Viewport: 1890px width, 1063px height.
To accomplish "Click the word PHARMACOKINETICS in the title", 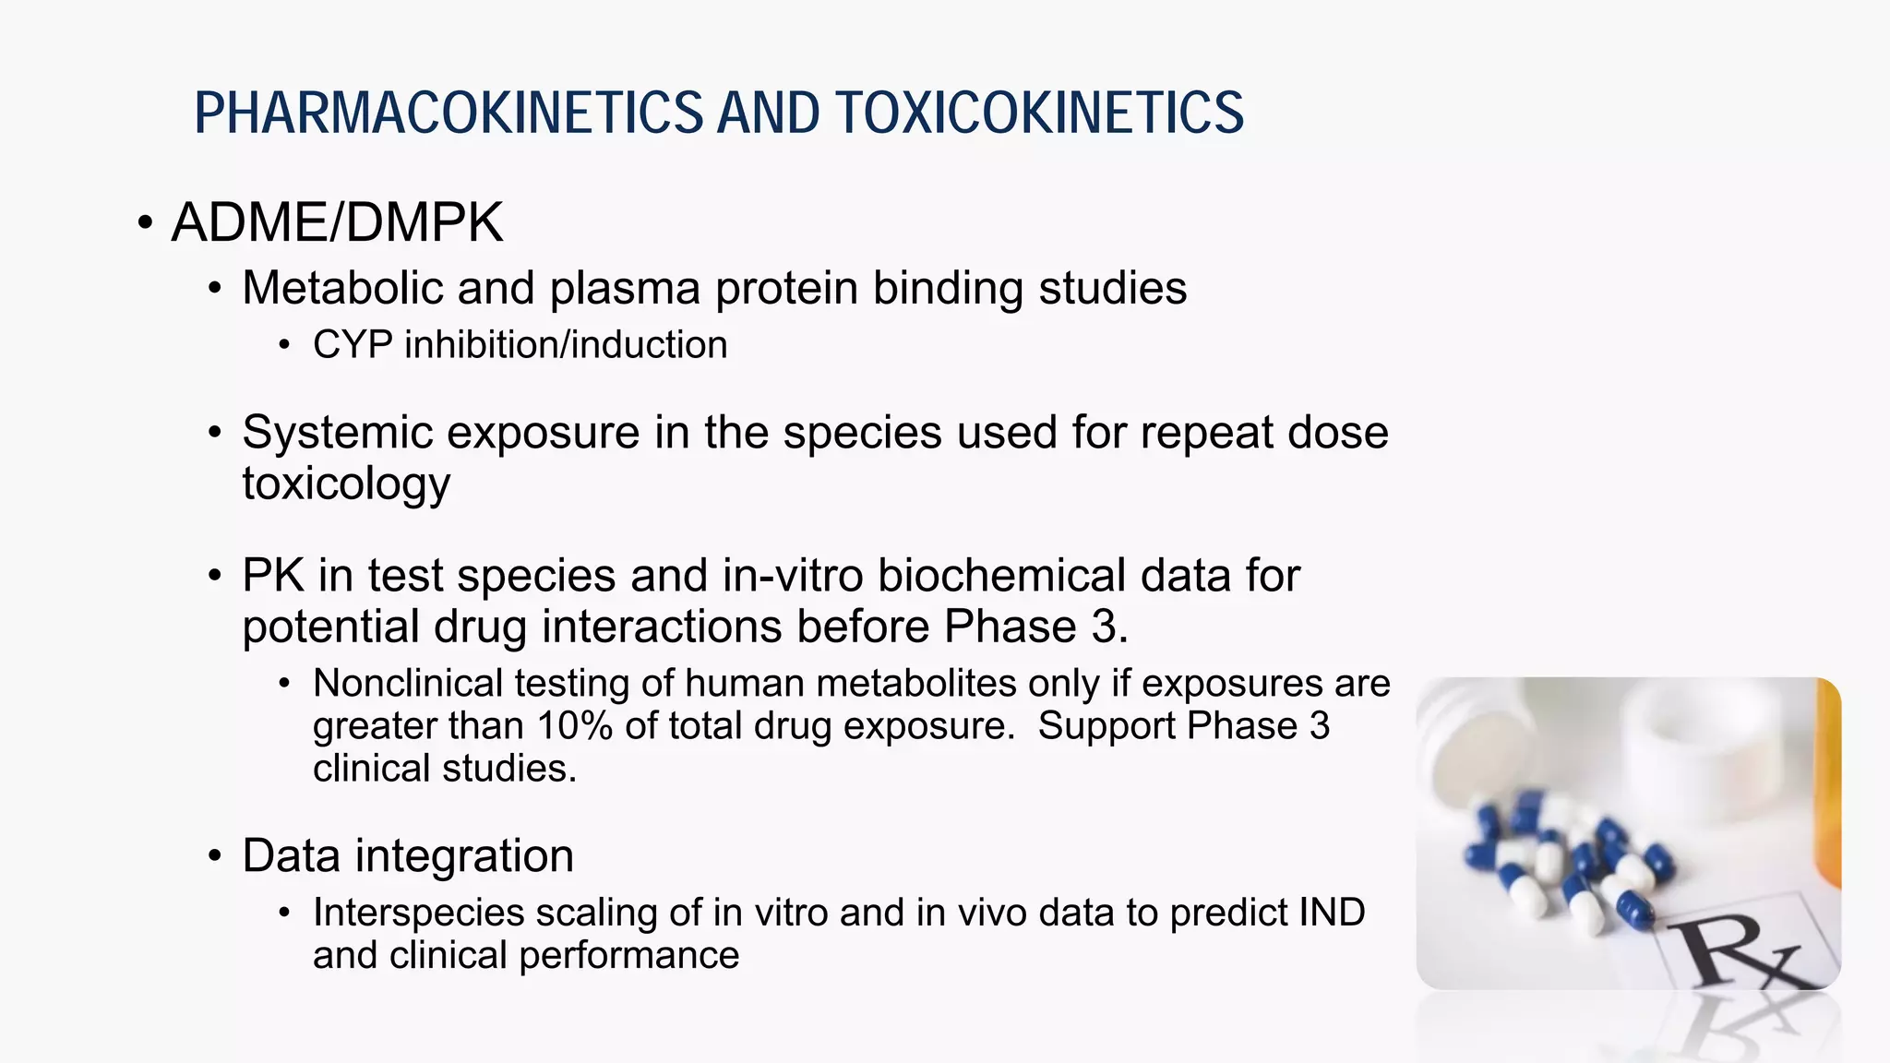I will tap(449, 113).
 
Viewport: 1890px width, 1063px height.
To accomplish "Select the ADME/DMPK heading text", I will tap(337, 222).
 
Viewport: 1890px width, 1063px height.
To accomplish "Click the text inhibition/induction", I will tap(566, 345).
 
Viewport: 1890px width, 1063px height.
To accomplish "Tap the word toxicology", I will tap(346, 484).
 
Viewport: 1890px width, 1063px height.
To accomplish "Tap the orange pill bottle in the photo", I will tap(1826, 794).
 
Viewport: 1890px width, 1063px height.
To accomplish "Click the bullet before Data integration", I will tap(215, 856).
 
